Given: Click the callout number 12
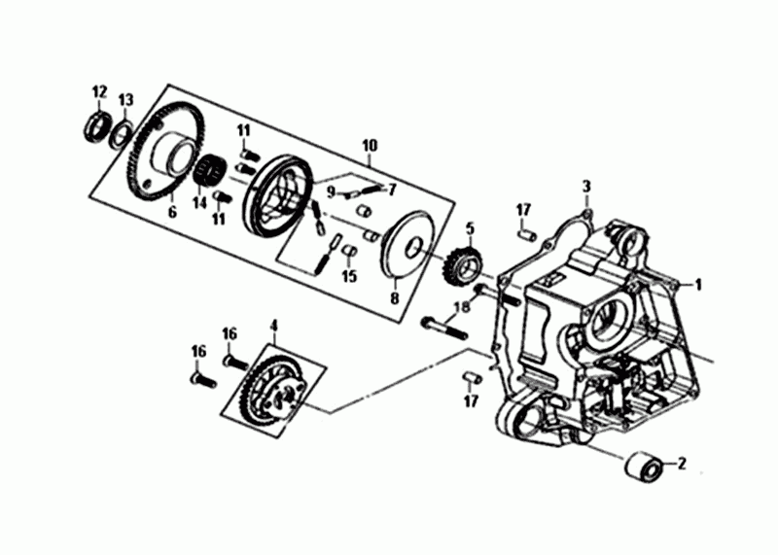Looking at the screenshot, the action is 99,91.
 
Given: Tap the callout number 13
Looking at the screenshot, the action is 126,100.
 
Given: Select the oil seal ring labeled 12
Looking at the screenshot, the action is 96,128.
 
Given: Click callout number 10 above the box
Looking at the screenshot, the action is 370,146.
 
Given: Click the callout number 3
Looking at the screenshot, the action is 587,187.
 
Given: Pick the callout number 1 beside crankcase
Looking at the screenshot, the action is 698,285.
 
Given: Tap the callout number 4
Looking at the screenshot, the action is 274,326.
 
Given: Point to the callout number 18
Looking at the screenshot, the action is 463,307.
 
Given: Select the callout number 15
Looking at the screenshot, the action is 350,276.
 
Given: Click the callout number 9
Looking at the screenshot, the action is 332,191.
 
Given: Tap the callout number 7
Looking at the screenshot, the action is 393,189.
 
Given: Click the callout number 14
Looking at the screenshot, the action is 199,203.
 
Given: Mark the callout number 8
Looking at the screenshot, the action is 395,298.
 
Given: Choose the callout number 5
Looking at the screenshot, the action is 470,229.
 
